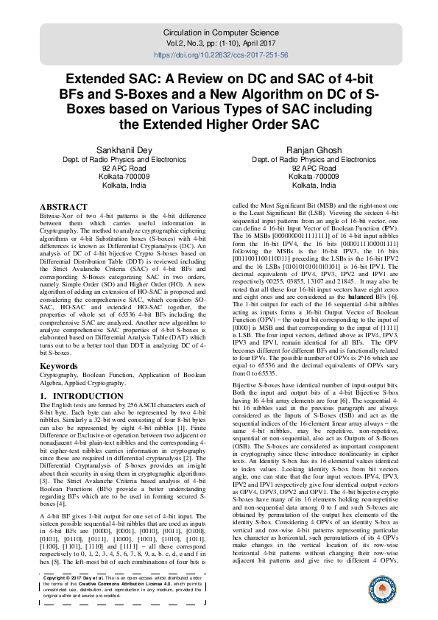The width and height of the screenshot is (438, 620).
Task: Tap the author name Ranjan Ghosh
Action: click(314, 149)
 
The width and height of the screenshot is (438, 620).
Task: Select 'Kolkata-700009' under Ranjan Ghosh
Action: click(314, 177)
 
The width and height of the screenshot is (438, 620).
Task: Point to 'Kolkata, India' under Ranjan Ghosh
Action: click(314, 186)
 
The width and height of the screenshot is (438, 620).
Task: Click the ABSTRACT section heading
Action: click(65, 207)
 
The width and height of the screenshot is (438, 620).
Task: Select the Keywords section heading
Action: click(59, 366)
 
